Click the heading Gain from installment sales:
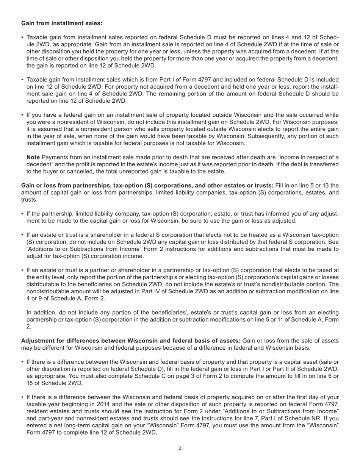point(62,23)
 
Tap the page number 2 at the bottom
point(180,449)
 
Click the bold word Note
point(33,157)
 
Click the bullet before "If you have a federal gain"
point(22,115)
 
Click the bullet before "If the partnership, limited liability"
point(22,214)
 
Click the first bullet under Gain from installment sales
point(22,38)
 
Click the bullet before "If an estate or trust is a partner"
point(22,271)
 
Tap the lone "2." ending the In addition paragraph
point(29,327)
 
